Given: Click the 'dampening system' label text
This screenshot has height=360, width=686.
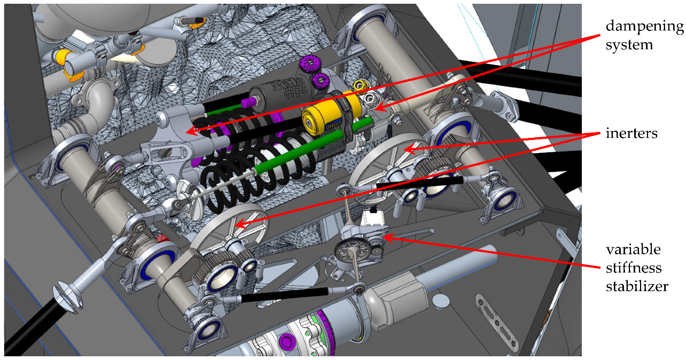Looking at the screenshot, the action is (x=644, y=35).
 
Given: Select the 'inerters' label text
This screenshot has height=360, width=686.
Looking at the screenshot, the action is (x=632, y=134).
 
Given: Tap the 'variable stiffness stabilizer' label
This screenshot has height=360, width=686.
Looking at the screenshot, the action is (x=637, y=268).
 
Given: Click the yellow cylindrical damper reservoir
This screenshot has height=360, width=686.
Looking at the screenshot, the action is (x=332, y=113).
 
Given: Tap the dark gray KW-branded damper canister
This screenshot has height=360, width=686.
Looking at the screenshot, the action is (x=282, y=91).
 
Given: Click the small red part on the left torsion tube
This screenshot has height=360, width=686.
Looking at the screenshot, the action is (x=161, y=238).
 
